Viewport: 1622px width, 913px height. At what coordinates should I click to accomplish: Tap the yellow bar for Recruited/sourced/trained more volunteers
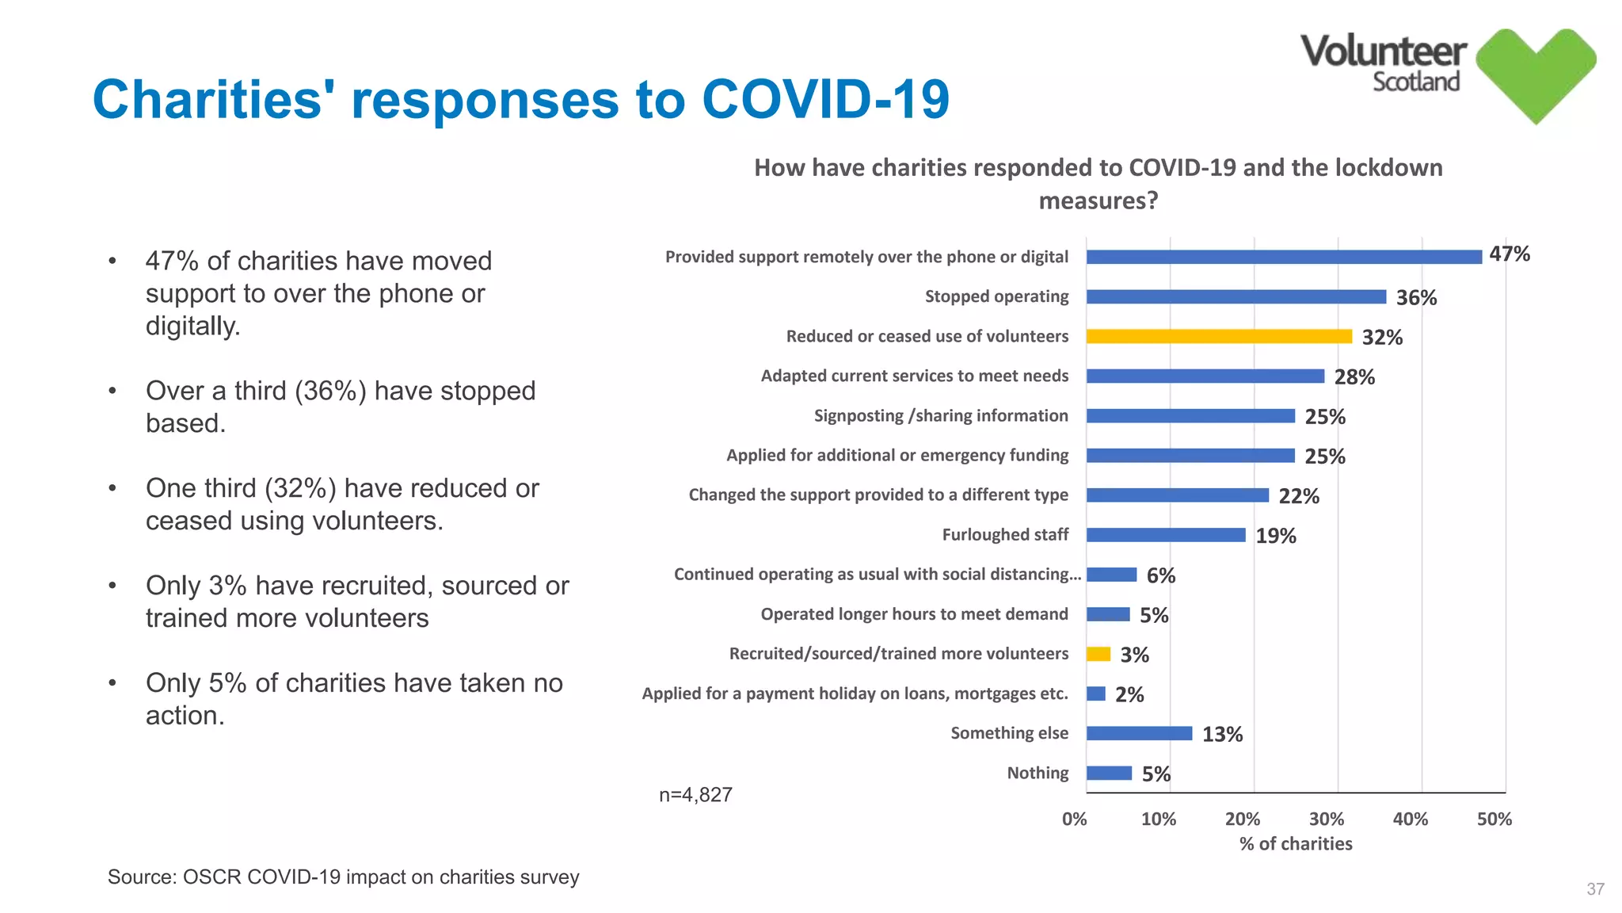[1098, 654]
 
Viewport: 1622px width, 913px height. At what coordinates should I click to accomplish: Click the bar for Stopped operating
[1236, 296]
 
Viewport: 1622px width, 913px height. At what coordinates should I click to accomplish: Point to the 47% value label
[1509, 254]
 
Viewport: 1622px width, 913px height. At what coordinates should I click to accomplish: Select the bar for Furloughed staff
[1165, 535]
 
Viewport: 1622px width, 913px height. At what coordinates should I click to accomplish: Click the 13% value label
[1221, 735]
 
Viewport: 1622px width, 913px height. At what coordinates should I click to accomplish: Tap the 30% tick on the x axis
[1326, 819]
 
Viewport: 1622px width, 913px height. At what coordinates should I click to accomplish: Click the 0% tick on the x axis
[1074, 819]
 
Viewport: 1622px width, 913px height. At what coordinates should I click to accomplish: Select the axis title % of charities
[1296, 844]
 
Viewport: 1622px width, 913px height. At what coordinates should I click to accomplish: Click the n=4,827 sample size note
[695, 795]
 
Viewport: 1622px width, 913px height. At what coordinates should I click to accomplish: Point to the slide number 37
[1595, 889]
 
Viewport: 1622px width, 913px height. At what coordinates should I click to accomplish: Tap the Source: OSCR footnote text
[343, 877]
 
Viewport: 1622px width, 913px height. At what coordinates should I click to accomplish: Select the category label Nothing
[1037, 773]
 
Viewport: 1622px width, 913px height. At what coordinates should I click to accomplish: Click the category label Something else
[1009, 733]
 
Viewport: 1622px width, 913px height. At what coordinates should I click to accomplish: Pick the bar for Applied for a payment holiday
[1095, 693]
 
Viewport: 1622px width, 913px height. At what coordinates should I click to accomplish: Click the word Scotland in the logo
[1415, 82]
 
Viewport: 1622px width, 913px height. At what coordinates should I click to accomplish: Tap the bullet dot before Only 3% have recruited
[112, 586]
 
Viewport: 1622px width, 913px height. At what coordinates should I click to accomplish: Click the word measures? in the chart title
[1098, 201]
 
